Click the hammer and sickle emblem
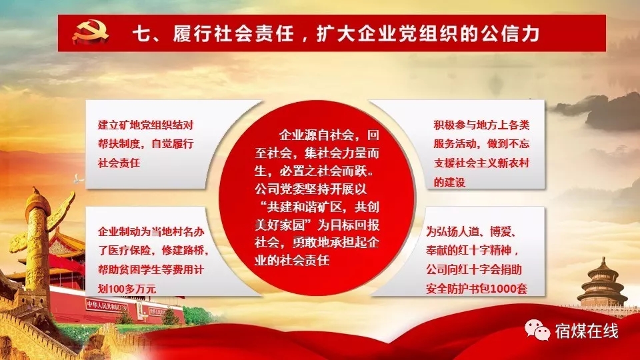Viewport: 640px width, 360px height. coord(90,33)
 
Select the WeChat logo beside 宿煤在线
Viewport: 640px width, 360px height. coord(537,330)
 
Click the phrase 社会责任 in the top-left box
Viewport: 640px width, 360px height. coord(119,163)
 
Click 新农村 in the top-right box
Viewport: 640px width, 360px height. coord(513,163)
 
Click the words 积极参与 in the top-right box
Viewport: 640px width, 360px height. coord(455,125)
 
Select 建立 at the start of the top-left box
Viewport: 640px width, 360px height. coord(108,125)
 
